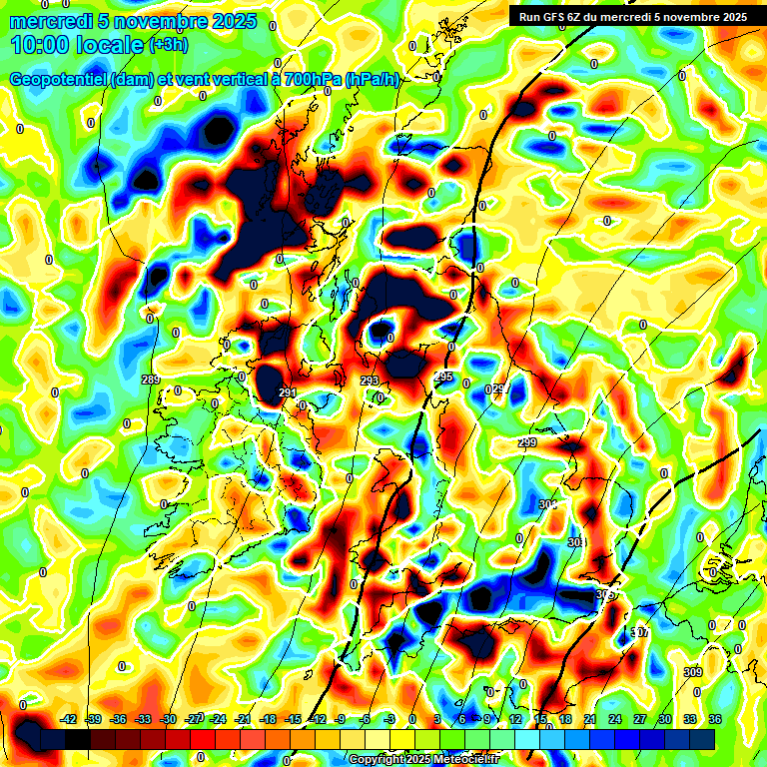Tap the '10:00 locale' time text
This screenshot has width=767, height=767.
coord(78,45)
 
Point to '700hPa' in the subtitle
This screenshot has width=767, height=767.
coord(311,80)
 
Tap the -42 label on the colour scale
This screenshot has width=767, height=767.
coord(69,719)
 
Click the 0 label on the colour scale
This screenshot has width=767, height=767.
coord(411,719)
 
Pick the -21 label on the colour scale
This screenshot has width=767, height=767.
coord(242,719)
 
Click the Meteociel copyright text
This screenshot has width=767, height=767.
coord(424,759)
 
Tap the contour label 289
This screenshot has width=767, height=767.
coord(151,380)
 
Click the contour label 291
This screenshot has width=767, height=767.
coord(288,391)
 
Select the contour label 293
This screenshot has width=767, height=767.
coord(370,381)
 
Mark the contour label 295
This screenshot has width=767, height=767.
coord(443,377)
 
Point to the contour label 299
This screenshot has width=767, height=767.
coord(527,442)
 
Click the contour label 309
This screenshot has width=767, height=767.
coord(693,672)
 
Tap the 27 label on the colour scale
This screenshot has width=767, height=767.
coord(639,719)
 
